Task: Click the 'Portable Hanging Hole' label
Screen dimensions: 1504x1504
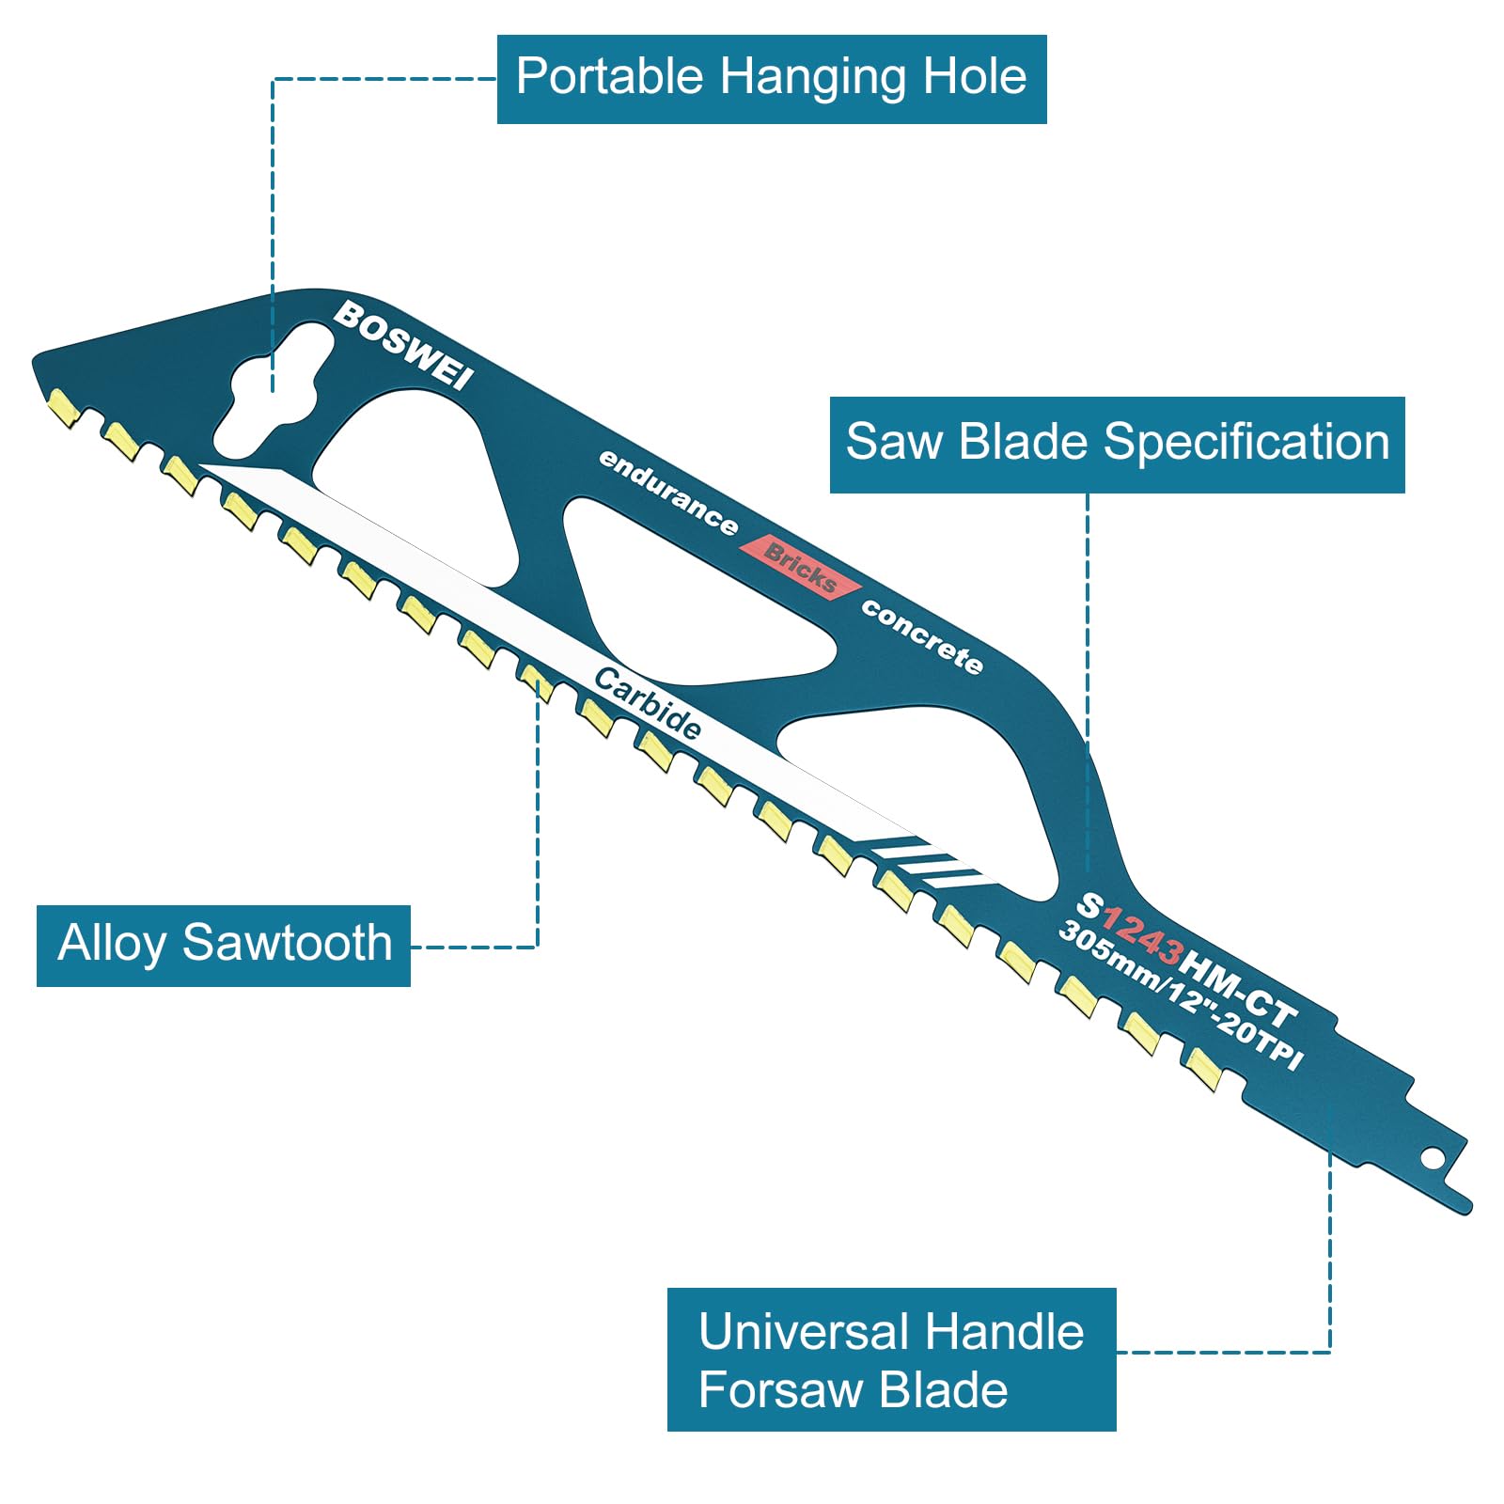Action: pos(771,79)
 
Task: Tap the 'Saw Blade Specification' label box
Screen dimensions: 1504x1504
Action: pos(1117,445)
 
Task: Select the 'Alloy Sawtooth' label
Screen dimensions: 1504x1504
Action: pos(224,946)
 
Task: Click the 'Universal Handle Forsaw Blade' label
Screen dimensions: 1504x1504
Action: pos(891,1359)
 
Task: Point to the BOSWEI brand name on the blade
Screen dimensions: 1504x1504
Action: pos(404,345)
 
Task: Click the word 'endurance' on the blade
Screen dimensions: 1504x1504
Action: pos(668,492)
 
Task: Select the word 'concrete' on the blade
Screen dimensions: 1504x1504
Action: pos(922,636)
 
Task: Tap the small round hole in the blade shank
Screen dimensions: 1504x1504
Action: pos(1432,1157)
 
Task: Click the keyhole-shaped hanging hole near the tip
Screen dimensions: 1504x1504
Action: pos(274,388)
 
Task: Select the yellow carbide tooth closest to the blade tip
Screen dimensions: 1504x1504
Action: pos(63,407)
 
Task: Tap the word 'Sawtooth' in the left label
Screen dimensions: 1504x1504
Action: pos(288,943)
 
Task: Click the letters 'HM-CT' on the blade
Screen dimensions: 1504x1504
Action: pos(1237,987)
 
